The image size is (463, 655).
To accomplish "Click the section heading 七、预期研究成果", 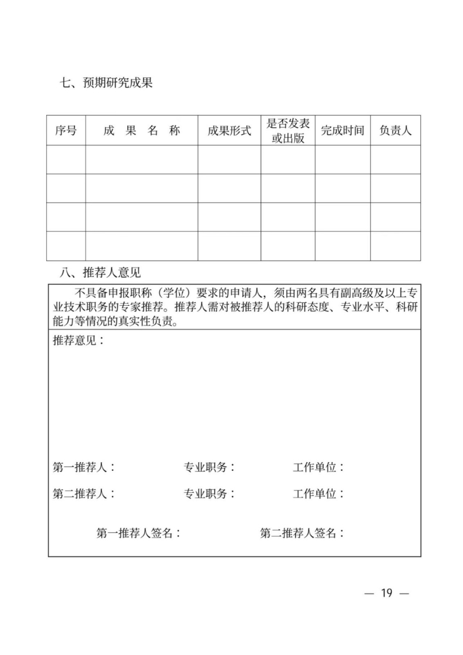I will pyautogui.click(x=105, y=83).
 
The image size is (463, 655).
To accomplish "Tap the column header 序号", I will pyautogui.click(x=66, y=130).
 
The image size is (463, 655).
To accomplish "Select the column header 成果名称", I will pyautogui.click(x=142, y=130).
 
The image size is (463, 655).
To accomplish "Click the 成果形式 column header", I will pyautogui.click(x=229, y=130).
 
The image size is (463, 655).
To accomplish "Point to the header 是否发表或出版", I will pyautogui.click(x=288, y=130).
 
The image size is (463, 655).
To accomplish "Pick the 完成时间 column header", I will pyautogui.click(x=343, y=130).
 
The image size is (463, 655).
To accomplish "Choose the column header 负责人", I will pyautogui.click(x=395, y=130).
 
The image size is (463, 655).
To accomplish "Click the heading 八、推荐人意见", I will pyautogui.click(x=100, y=272).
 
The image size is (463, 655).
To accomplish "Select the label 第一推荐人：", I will pyautogui.click(x=84, y=467).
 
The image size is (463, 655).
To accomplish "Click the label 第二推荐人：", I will pyautogui.click(x=84, y=494).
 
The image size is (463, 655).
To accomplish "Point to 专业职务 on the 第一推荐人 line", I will pyautogui.click(x=210, y=467).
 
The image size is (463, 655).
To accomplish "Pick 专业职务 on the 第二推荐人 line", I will pyautogui.click(x=210, y=494).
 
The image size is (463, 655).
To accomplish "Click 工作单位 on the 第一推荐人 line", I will pyautogui.click(x=318, y=467).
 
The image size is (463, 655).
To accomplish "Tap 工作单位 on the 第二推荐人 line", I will pyautogui.click(x=318, y=494).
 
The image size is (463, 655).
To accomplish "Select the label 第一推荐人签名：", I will pyautogui.click(x=139, y=533).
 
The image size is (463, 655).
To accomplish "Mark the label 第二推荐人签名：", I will pyautogui.click(x=302, y=533).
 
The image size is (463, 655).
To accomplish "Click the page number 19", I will pyautogui.click(x=387, y=593).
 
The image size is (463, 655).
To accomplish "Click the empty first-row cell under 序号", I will pyautogui.click(x=66, y=159).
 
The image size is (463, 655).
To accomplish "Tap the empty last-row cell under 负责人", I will pyautogui.click(x=395, y=246).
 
